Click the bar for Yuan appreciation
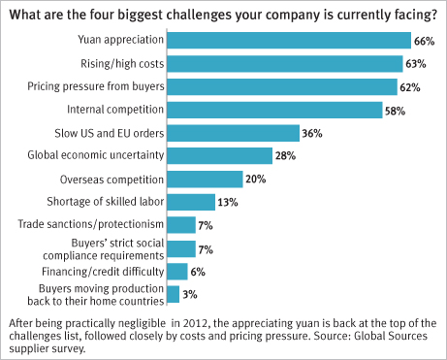[x=289, y=41]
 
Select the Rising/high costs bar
[x=285, y=64]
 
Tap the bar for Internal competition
[x=274, y=110]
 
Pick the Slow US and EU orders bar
[x=234, y=133]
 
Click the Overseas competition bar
[x=205, y=180]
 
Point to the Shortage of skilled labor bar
[x=191, y=202]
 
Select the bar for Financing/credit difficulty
[x=177, y=272]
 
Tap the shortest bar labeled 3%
[x=174, y=294]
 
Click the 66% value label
[x=425, y=42]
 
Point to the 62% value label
[x=410, y=87]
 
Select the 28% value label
[x=285, y=156]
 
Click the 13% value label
[x=228, y=203]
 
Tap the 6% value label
[x=198, y=272]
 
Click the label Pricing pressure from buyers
[x=96, y=86]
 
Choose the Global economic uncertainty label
[x=96, y=155]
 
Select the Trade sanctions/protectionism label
[x=91, y=224]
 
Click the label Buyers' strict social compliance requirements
[x=104, y=249]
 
